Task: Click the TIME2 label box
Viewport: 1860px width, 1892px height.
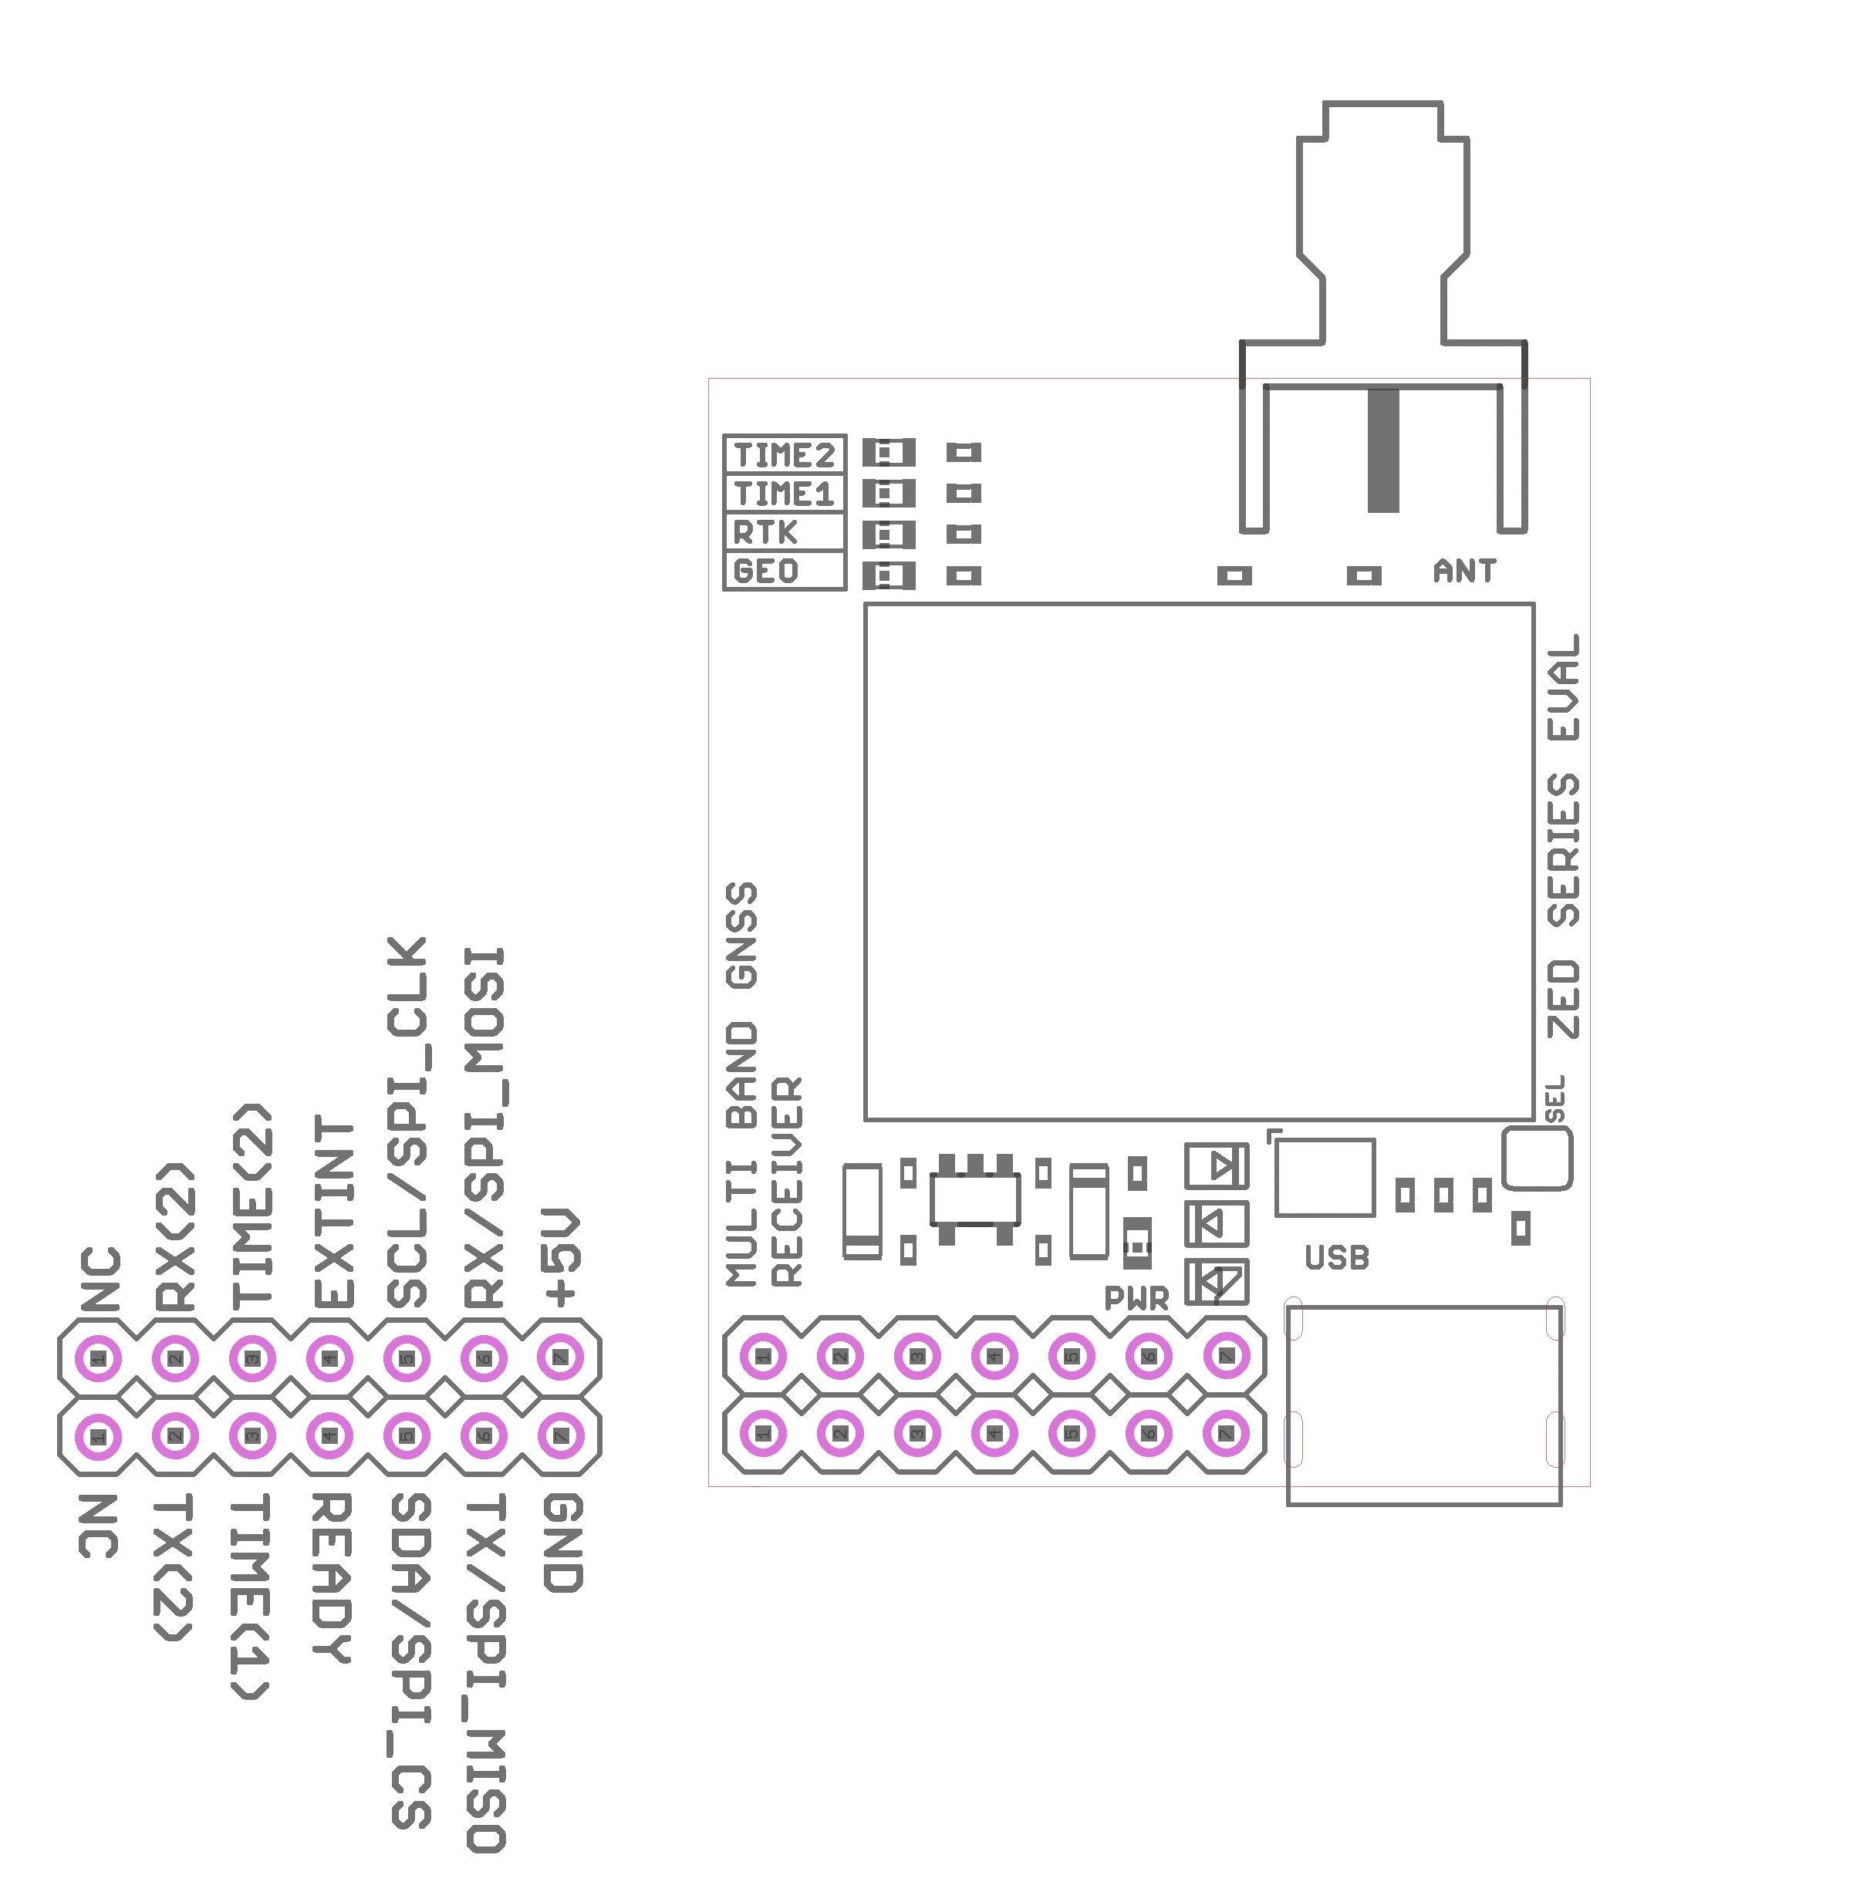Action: (x=785, y=454)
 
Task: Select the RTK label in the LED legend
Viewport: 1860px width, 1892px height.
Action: (x=766, y=532)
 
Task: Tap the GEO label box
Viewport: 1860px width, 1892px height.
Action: (x=766, y=571)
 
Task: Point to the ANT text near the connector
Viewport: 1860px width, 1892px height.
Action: (x=1463, y=572)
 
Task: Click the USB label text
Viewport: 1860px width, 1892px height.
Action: (x=1336, y=1259)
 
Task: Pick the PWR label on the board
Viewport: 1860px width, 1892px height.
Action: (x=1136, y=1298)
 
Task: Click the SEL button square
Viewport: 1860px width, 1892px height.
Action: (x=1537, y=1158)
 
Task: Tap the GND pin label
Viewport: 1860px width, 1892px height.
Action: (x=564, y=1543)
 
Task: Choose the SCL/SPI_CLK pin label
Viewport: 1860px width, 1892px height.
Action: (x=408, y=1123)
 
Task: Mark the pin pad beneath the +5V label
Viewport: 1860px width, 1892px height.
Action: (x=561, y=1357)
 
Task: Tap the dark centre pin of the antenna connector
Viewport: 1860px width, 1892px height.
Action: (x=1382, y=450)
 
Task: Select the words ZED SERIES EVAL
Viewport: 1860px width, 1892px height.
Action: (x=1564, y=836)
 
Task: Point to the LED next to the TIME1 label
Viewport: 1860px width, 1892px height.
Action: (x=888, y=494)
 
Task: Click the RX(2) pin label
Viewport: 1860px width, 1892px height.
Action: (x=177, y=1236)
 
